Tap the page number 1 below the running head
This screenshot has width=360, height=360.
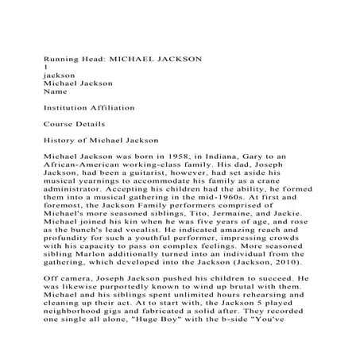click(46, 68)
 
